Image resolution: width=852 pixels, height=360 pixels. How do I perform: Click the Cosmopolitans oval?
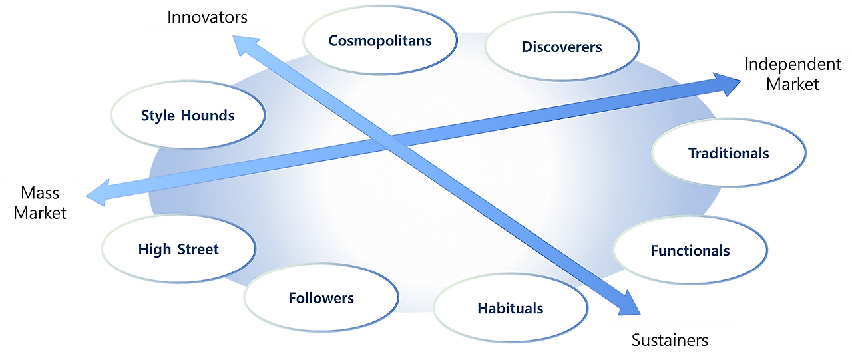(x=379, y=41)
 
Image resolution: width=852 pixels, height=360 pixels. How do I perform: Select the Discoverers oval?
(x=561, y=47)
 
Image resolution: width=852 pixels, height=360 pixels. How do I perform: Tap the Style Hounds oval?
(x=187, y=116)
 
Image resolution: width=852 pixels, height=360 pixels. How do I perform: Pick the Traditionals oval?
(x=728, y=153)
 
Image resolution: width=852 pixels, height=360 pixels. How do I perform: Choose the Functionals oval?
(x=690, y=250)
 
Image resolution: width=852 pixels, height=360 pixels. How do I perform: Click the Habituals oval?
(x=510, y=308)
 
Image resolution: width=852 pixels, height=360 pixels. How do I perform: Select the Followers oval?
(x=321, y=298)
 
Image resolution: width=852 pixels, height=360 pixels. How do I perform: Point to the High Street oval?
(x=178, y=250)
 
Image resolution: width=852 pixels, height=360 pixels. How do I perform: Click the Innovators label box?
(x=207, y=17)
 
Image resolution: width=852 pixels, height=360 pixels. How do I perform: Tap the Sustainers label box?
(x=670, y=340)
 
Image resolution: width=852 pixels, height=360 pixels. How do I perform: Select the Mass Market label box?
(x=41, y=202)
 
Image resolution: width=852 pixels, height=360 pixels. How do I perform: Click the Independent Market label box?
(x=792, y=74)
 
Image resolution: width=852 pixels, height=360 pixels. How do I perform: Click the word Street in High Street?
(x=198, y=250)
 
